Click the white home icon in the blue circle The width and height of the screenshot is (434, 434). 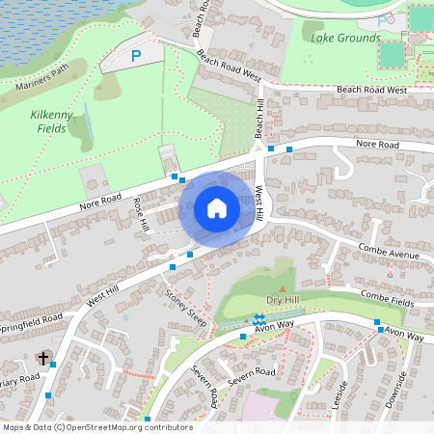217,208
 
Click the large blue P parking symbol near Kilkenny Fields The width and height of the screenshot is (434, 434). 136,57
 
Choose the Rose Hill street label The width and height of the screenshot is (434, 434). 142,214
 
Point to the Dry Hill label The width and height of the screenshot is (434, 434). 282,301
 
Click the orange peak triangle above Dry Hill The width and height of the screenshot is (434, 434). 282,288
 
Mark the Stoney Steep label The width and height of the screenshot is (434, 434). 185,307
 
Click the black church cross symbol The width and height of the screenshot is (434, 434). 42,359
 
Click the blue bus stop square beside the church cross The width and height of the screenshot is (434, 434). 51,366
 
